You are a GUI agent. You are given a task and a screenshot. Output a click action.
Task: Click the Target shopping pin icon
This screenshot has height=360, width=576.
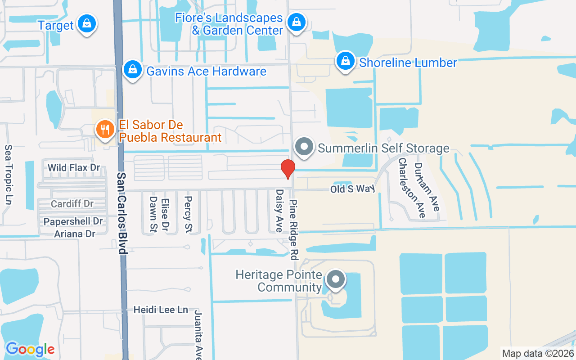(86, 24)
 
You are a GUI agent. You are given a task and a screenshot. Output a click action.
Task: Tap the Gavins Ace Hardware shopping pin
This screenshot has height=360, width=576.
(133, 70)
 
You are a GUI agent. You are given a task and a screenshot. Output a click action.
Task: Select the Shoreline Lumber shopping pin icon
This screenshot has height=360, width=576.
(345, 61)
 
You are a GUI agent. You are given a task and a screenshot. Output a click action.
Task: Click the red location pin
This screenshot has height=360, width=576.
(288, 169)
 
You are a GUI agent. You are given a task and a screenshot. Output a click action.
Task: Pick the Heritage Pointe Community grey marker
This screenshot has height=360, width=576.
(335, 280)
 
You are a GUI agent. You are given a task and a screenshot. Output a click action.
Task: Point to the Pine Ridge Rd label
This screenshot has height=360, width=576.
(294, 230)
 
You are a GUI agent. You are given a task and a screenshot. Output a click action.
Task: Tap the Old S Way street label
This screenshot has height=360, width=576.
(352, 189)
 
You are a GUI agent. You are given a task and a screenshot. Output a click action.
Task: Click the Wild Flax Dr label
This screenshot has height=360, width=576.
(74, 168)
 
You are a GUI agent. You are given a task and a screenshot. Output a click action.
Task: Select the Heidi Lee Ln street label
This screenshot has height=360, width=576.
(161, 310)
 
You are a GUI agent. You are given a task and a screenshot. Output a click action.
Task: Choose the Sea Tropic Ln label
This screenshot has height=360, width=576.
(8, 175)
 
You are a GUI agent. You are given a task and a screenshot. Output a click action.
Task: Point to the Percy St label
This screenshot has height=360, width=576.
(188, 214)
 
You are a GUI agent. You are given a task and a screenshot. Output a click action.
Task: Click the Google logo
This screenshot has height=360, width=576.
(30, 349)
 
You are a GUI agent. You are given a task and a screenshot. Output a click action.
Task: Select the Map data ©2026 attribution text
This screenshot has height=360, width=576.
(538, 354)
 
